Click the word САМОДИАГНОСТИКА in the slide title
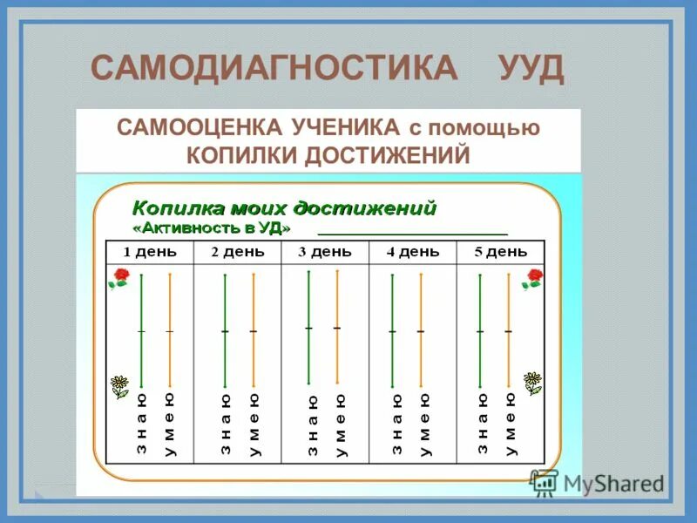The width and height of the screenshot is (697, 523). [x=274, y=68]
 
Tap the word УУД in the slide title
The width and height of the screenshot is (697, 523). [x=531, y=68]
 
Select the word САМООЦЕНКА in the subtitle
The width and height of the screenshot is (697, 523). [x=199, y=128]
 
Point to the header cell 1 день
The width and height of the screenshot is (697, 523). [x=149, y=252]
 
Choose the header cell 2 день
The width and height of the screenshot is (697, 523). [x=238, y=252]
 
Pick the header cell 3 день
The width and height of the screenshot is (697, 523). [x=325, y=252]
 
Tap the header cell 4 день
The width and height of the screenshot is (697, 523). [x=413, y=252]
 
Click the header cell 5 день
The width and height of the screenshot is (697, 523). [x=501, y=252]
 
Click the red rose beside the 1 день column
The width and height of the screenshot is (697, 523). [x=118, y=278]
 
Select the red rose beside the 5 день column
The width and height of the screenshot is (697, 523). [x=532, y=278]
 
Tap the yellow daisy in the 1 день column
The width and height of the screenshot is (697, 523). [x=119, y=384]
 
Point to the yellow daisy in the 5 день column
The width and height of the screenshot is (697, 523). [x=532, y=382]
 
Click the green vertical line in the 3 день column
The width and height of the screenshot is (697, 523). [x=308, y=327]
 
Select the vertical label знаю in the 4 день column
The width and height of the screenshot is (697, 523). [x=396, y=424]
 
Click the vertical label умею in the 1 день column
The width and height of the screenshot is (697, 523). [x=169, y=424]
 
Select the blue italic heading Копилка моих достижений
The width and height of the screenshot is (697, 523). [x=284, y=208]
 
